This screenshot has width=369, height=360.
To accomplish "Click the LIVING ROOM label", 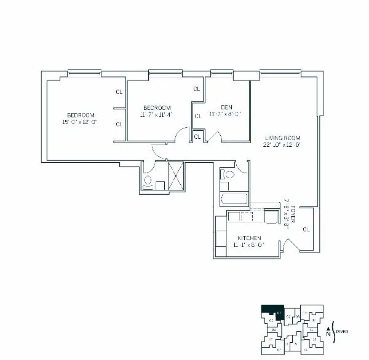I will click(x=282, y=138).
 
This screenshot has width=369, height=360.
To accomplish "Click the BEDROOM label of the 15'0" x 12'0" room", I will click(x=81, y=115).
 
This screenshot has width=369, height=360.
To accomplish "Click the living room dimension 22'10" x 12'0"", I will click(x=282, y=146).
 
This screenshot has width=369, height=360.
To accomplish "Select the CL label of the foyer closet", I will click(x=306, y=229).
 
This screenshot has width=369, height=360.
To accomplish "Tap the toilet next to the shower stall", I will click(x=148, y=181).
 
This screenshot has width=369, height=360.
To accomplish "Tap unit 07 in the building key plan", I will click(x=289, y=316).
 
